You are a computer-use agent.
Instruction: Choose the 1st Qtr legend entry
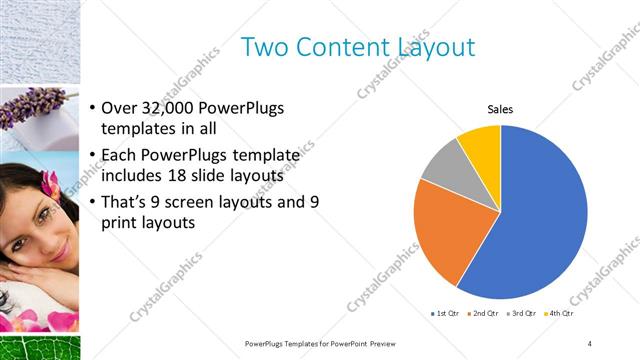(x=446, y=314)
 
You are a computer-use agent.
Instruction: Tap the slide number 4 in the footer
(x=590, y=343)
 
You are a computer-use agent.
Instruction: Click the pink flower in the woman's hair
(x=49, y=182)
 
